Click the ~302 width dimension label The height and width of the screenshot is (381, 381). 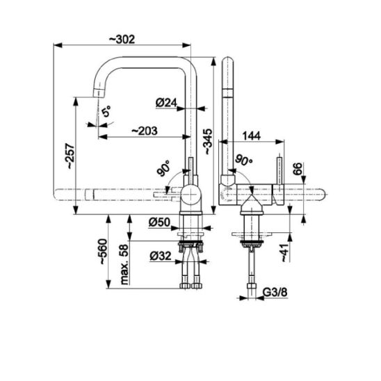point(122,40)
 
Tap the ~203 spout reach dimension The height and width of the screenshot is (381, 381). point(145,131)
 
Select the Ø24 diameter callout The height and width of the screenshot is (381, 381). point(166,103)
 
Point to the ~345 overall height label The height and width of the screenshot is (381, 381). point(209,142)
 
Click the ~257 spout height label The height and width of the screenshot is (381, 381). point(71,156)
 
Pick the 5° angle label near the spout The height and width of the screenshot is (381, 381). point(106,111)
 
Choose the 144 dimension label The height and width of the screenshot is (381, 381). point(252,136)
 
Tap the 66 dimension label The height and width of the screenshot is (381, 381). point(298,169)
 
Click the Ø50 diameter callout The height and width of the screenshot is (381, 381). point(159,222)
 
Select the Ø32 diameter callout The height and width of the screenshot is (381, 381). point(161,256)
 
